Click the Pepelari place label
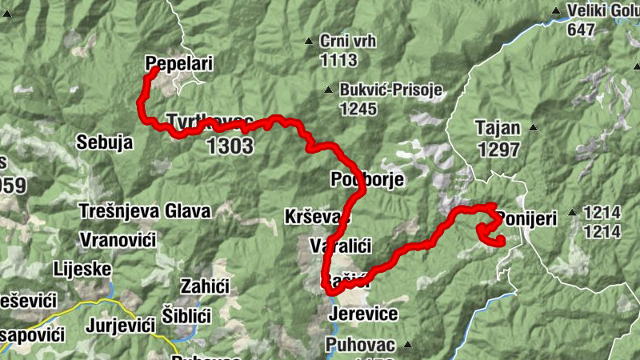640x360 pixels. tap(180, 63)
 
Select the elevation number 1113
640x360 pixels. tap(338, 59)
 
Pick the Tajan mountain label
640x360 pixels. tap(498, 127)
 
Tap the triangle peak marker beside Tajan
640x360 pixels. tap(534, 128)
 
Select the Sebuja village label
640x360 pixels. tap(103, 142)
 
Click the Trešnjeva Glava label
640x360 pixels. tap(145, 212)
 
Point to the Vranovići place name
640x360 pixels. tap(117, 240)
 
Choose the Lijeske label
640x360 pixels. tap(82, 269)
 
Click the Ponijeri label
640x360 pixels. tap(527, 218)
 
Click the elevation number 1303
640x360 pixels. tap(230, 146)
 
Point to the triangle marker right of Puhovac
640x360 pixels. tap(407, 345)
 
